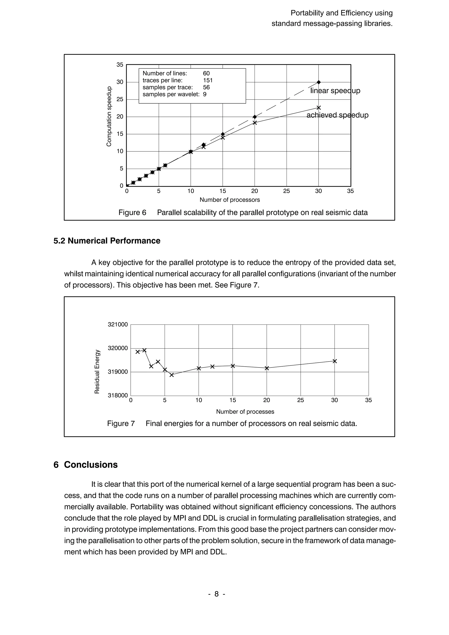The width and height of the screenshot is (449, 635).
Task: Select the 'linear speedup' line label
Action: [335, 91]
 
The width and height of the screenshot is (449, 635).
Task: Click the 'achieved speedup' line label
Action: [337, 115]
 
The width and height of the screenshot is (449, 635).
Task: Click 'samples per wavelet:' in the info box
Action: [171, 94]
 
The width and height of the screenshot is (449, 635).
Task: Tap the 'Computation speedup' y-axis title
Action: [109, 116]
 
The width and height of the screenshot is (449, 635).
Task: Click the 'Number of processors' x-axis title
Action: [230, 200]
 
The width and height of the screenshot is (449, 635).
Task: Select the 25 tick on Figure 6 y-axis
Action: [120, 99]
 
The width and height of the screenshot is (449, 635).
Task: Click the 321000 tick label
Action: [118, 325]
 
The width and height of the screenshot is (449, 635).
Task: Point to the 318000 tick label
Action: [118, 395]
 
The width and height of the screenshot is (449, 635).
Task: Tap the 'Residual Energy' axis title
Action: [97, 371]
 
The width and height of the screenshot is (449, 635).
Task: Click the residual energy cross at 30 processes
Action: [335, 361]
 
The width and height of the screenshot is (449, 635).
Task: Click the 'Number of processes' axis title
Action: [245, 412]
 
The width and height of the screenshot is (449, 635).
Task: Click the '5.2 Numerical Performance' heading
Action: [107, 241]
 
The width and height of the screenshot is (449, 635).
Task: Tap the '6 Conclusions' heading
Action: [86, 465]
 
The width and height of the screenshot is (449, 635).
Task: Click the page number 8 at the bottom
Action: [217, 594]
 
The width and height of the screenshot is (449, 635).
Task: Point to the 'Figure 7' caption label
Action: [121, 423]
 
